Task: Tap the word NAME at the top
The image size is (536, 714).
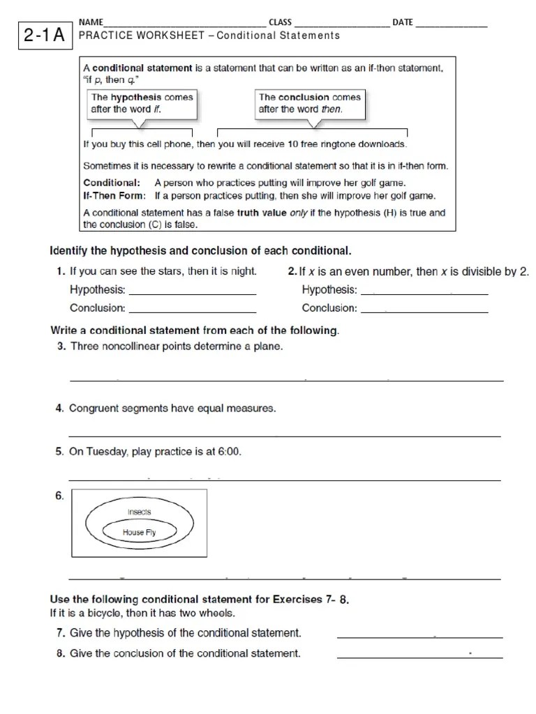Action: coord(91,22)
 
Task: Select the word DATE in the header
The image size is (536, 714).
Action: coord(403,22)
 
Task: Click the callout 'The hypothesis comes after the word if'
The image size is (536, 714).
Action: coord(141,103)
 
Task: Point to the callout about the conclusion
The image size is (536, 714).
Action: coord(310,103)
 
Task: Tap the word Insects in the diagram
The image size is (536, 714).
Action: coord(139,512)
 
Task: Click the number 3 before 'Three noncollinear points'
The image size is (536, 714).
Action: coord(61,347)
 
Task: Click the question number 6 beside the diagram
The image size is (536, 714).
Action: coord(59,496)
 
